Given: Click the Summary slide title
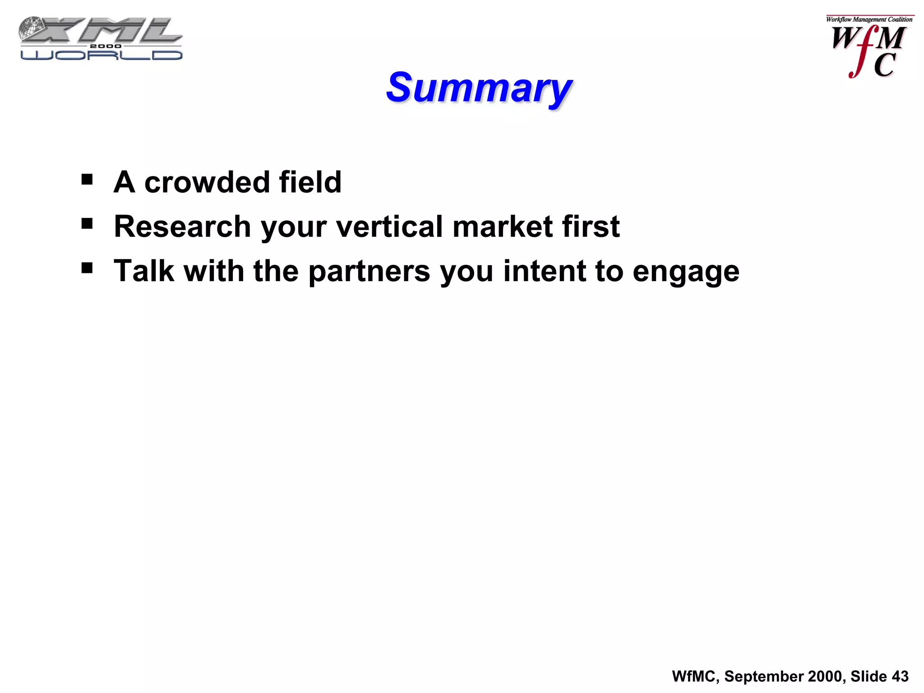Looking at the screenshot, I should pos(479,88).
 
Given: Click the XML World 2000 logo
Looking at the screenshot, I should pos(101,39).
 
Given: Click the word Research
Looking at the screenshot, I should pos(182,226).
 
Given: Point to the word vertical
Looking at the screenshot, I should pos(390,226).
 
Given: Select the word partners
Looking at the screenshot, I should pos(369,272).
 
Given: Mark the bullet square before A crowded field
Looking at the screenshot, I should pos(87,180).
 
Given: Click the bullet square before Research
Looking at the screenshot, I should pos(87,224).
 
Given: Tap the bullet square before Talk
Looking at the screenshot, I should pos(87,268).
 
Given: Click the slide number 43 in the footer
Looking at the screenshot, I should pos(900,676).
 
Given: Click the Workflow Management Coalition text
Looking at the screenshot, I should pos(869,19).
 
